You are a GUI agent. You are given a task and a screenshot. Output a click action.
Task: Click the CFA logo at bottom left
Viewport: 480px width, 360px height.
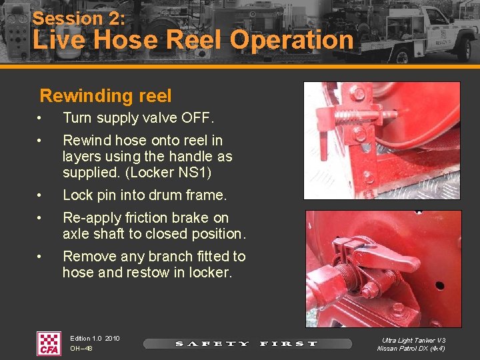coord(48,343)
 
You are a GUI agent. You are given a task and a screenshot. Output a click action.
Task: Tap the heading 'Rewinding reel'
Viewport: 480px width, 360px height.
coord(105,95)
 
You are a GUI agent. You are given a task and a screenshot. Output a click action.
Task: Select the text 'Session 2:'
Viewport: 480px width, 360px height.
coord(79,18)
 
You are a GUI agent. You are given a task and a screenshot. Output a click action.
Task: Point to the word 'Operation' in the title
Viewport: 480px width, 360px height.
coord(292,40)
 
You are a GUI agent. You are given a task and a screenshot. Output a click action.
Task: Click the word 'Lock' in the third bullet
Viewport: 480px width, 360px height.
coord(77,195)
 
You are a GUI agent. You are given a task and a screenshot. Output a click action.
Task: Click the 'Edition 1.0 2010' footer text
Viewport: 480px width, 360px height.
coord(95,339)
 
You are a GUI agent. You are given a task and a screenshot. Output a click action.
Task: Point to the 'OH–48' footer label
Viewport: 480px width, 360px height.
coord(81,348)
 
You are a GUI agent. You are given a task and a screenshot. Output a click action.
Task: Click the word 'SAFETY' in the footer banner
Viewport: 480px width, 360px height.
coord(212,344)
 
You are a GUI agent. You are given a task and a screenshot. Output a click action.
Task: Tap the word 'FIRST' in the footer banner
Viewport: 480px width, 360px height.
coord(289,344)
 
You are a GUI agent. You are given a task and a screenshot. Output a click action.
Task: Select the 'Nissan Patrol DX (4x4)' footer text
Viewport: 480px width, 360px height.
coord(411,349)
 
